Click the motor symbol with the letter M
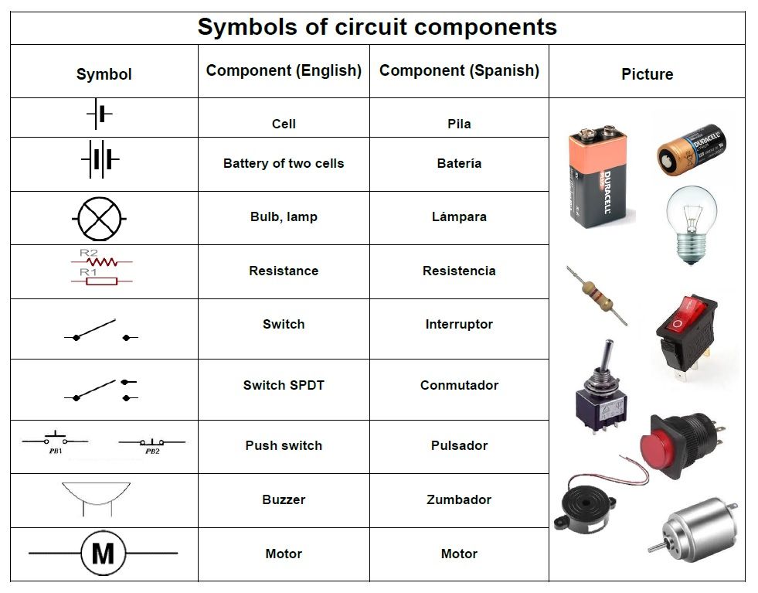[x=103, y=553]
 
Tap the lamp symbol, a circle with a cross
[x=100, y=219]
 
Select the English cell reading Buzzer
[x=284, y=499]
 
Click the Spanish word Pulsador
[x=459, y=445]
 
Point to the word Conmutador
[x=459, y=385]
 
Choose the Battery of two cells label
[x=284, y=163]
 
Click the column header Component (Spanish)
[x=459, y=70]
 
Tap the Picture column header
[x=647, y=74]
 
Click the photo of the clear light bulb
[x=691, y=223]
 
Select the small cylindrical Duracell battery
[x=691, y=149]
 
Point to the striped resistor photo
[x=597, y=295]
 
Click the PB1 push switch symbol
[x=54, y=441]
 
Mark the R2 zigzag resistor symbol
[x=100, y=261]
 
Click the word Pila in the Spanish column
[x=459, y=124]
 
